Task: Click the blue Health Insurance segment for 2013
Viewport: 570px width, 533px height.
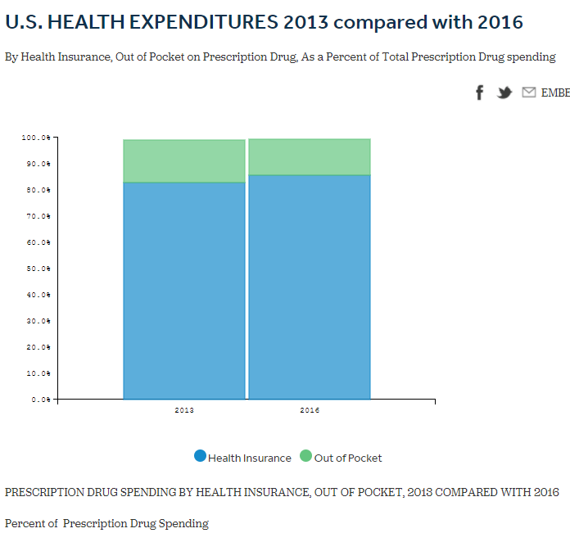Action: point(184,291)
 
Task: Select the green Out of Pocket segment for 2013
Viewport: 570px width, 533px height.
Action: point(184,161)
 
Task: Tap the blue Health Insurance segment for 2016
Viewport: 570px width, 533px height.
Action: point(310,287)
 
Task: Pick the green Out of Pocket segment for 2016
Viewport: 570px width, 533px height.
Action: point(310,157)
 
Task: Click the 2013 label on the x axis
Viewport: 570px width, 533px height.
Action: point(184,409)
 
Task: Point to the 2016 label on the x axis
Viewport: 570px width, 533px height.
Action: point(310,409)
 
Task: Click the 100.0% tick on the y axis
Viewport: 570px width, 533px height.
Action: point(36,138)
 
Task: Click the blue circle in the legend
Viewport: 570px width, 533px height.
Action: point(201,457)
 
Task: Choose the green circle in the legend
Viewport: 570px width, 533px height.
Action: point(306,457)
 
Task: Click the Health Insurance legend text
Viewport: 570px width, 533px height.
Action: point(250,458)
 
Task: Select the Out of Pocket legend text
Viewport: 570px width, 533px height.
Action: point(348,458)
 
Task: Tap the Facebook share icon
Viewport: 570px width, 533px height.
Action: point(480,93)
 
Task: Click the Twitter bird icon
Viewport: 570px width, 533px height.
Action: point(504,93)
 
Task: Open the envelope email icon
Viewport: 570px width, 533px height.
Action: point(529,93)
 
